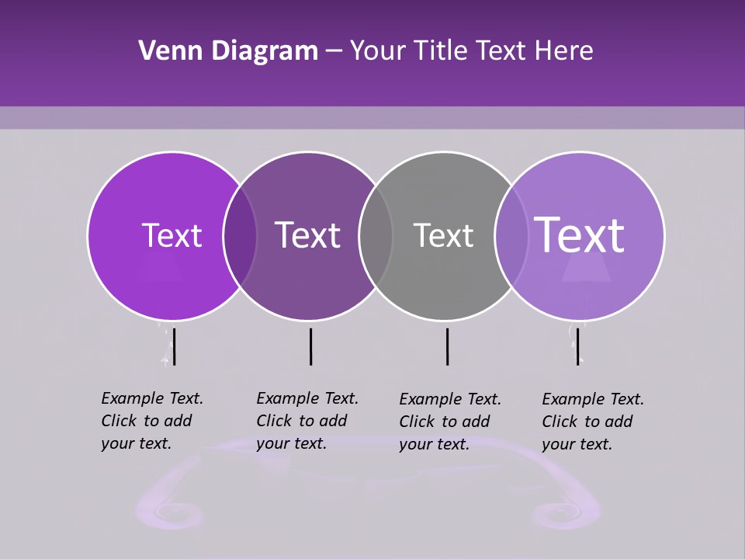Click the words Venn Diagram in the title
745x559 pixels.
click(x=228, y=51)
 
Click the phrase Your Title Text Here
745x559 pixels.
click(x=472, y=51)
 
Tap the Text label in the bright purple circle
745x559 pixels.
click(x=172, y=235)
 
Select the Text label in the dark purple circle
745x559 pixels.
click(x=308, y=235)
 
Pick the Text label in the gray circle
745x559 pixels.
click(x=443, y=235)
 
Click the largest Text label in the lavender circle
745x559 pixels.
click(x=580, y=235)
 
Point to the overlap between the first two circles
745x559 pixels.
click(x=240, y=235)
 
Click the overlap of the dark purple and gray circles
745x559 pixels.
click(x=376, y=235)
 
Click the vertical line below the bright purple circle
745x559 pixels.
click(x=174, y=346)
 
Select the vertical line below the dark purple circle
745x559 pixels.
click(x=310, y=346)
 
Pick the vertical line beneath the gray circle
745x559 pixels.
click(x=447, y=346)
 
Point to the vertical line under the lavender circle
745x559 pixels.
click(x=577, y=346)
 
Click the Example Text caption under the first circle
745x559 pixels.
click(x=152, y=421)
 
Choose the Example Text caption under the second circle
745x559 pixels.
click(x=307, y=421)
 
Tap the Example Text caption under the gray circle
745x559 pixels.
click(x=450, y=422)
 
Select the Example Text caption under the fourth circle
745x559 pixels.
click(x=593, y=422)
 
